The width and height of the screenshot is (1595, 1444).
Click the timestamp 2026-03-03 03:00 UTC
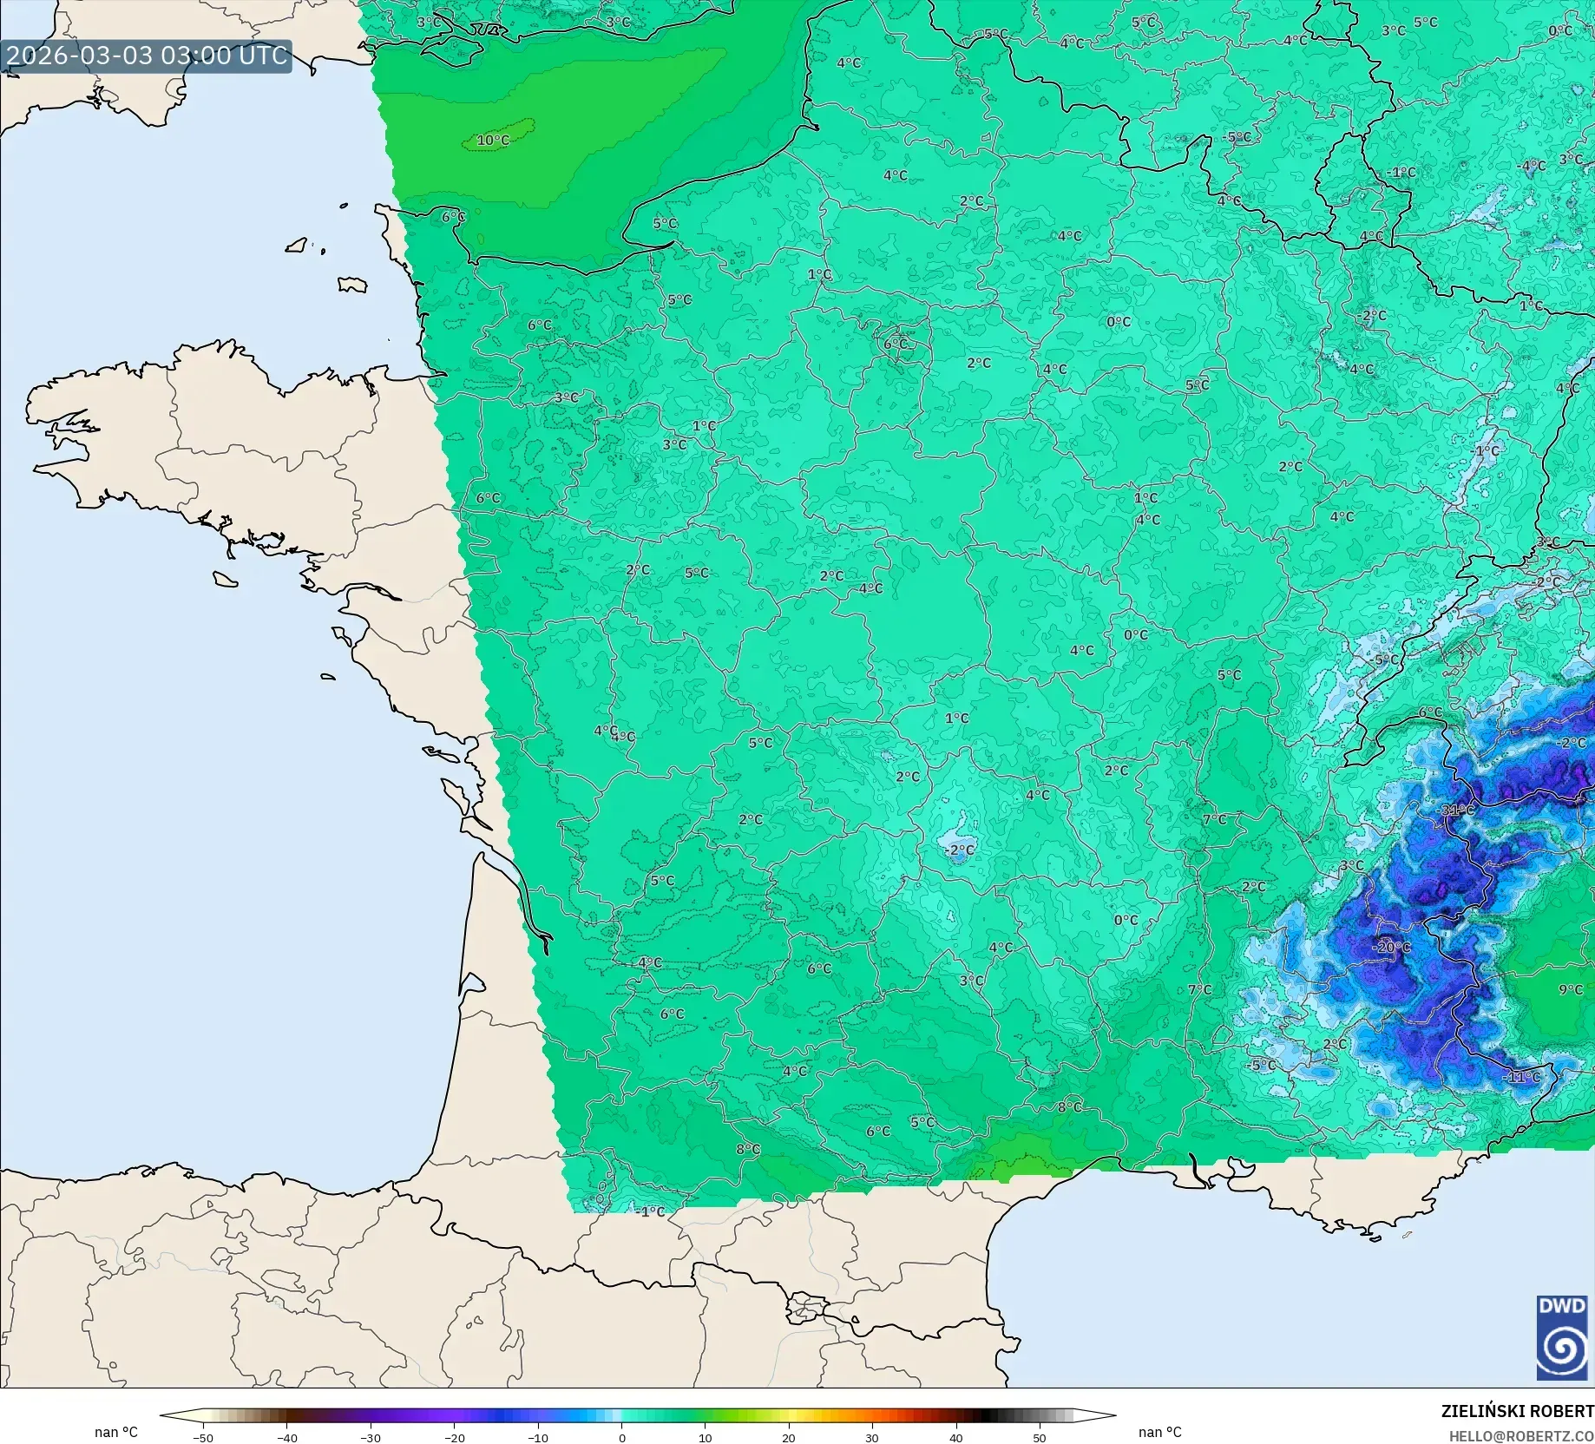[x=146, y=56]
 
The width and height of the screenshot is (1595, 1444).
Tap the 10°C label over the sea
[x=493, y=140]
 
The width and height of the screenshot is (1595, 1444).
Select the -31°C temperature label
[x=1457, y=810]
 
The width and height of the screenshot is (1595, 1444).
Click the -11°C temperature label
[x=1521, y=1077]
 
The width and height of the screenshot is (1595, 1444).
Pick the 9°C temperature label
[x=1571, y=989]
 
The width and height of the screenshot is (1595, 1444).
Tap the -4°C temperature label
[x=1531, y=165]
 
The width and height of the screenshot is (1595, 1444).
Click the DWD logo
[x=1562, y=1337]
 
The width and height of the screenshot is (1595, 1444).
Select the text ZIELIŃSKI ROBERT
[x=1517, y=1411]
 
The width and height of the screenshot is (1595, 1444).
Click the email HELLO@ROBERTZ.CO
[x=1520, y=1436]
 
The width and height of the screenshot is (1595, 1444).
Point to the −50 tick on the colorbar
[x=202, y=1437]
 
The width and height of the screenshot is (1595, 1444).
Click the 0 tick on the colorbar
[x=621, y=1437]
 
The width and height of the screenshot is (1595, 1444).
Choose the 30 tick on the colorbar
[x=872, y=1437]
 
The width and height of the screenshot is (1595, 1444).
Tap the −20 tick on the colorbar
[x=454, y=1437]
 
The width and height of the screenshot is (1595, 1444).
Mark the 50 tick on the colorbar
[x=1040, y=1437]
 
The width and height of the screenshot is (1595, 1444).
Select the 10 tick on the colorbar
[x=705, y=1437]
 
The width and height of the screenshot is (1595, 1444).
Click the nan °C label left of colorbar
[x=116, y=1432]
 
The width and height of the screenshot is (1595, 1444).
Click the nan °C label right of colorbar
[x=1160, y=1432]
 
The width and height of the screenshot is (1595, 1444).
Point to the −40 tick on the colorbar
[x=286, y=1437]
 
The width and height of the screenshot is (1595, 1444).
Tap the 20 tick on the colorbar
[x=788, y=1437]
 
